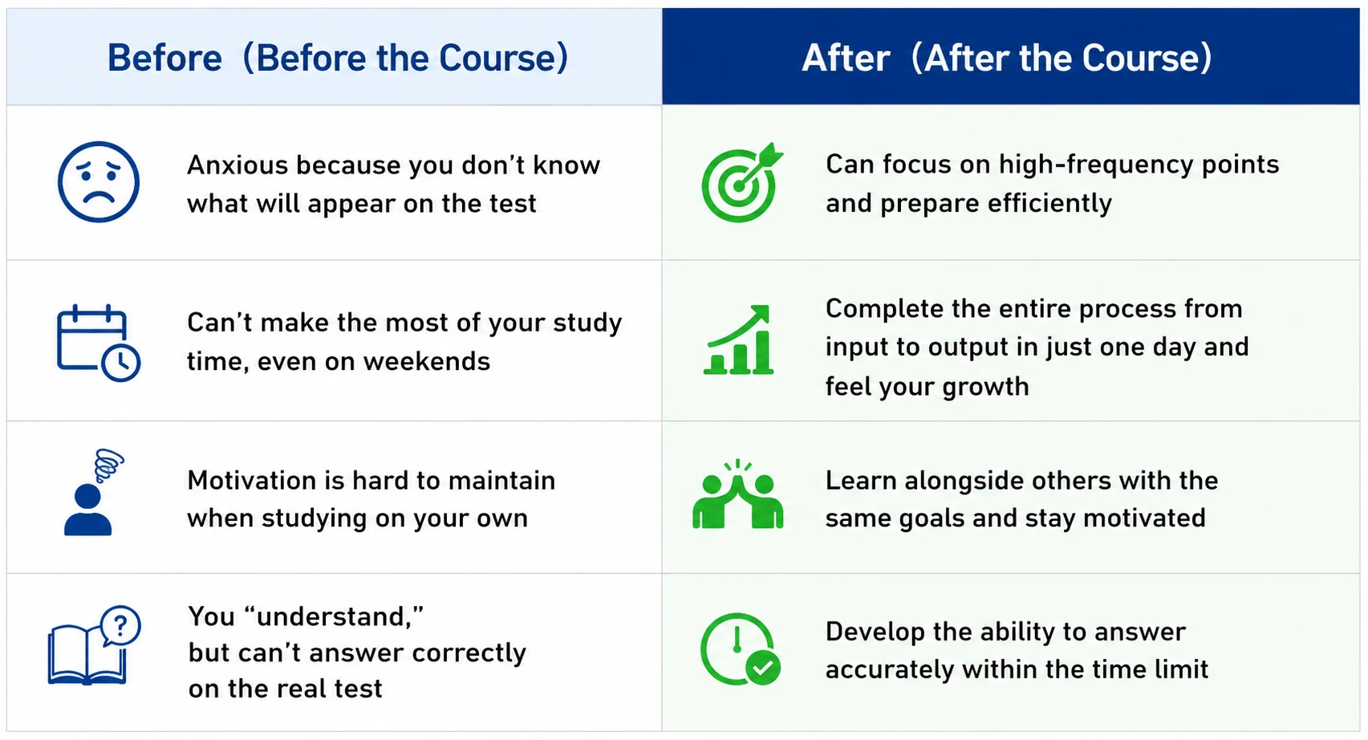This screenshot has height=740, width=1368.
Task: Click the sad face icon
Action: (x=99, y=182)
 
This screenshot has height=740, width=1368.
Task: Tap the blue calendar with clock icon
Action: (x=99, y=343)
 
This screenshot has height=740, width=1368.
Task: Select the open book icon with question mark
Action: (x=94, y=645)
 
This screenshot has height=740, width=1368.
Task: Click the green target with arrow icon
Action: (x=741, y=182)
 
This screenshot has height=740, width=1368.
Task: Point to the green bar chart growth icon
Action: (x=738, y=340)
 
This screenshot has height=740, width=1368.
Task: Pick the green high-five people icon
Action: (x=737, y=494)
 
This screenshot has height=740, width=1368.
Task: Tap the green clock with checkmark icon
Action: (x=741, y=649)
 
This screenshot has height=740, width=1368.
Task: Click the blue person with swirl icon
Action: (x=93, y=493)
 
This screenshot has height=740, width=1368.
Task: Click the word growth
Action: (x=985, y=387)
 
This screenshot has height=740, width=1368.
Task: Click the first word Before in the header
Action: (x=165, y=58)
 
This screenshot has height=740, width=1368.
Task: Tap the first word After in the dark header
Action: (x=846, y=58)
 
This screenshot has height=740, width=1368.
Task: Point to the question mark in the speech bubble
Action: (x=121, y=625)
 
